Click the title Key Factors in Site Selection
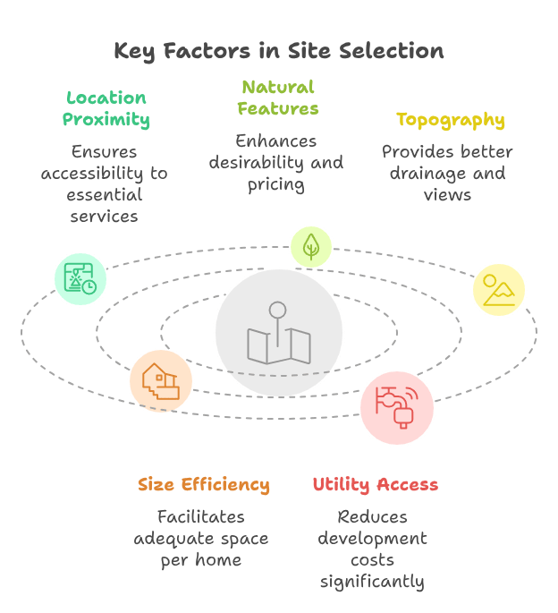(x=279, y=51)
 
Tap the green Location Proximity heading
(x=106, y=108)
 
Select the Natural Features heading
(x=278, y=98)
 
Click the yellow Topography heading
(x=451, y=121)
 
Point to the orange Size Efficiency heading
(x=204, y=485)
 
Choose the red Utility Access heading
(x=376, y=485)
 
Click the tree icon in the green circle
(x=311, y=247)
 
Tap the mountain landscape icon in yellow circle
(x=499, y=290)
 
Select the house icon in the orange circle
(x=161, y=381)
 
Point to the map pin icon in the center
(x=279, y=333)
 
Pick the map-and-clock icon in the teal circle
(x=80, y=278)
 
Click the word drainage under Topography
(x=427, y=174)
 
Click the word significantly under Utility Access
(x=372, y=582)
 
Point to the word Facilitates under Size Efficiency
(x=201, y=517)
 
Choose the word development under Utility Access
(x=372, y=539)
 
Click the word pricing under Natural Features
(x=276, y=185)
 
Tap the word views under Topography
(x=447, y=195)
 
